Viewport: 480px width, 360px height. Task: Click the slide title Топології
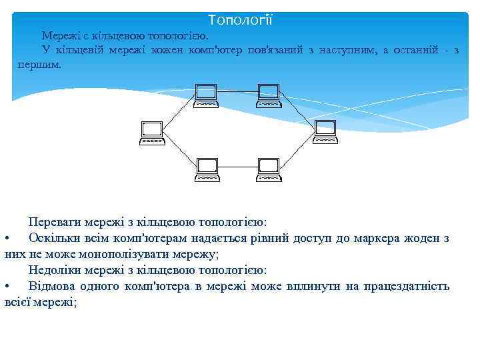(240, 20)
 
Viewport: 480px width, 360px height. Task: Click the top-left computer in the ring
(206, 95)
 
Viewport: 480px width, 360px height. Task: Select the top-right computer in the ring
(269, 95)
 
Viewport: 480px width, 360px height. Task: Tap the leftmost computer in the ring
(152, 132)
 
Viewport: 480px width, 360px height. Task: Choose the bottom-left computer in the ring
(206, 169)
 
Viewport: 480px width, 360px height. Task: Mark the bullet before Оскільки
(6, 238)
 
